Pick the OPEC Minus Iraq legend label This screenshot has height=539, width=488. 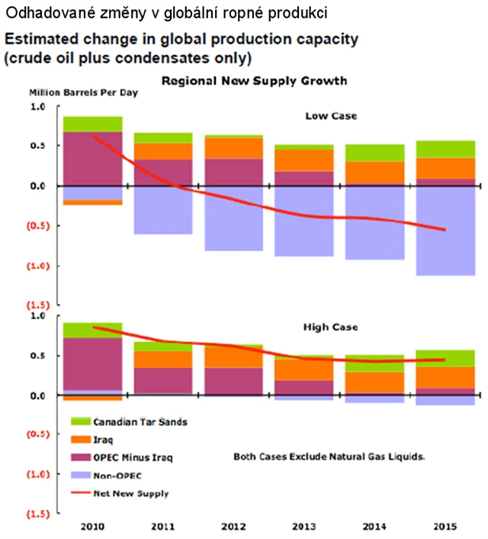pos(129,457)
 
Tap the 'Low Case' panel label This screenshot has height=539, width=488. pos(330,116)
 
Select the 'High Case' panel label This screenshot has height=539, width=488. pos(331,327)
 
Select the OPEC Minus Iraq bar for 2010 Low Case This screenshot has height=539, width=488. pos(93,159)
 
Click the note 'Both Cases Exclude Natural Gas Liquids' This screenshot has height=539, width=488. pos(328,457)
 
